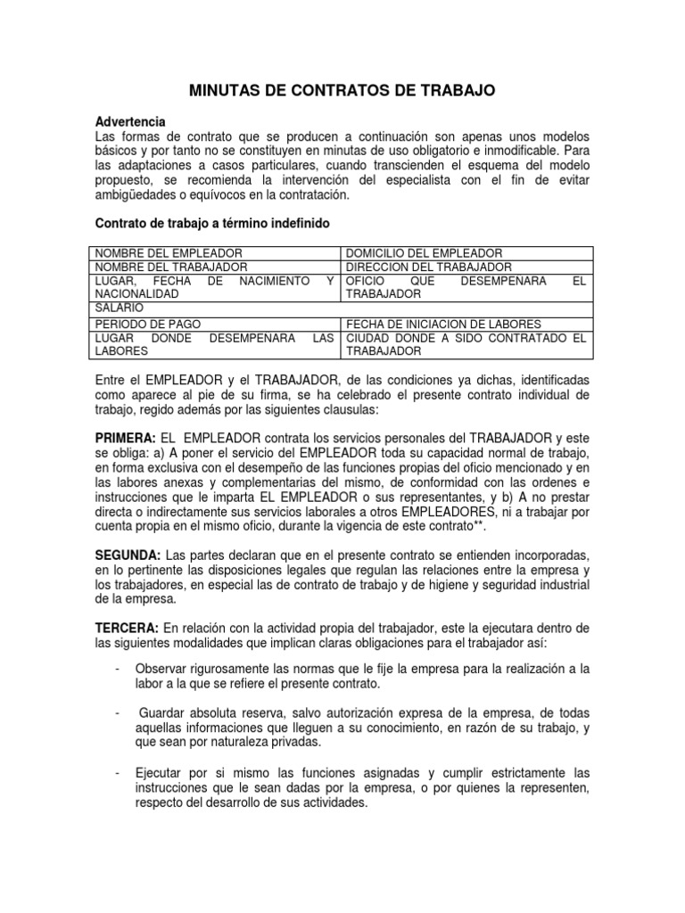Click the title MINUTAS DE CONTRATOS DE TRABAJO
342,90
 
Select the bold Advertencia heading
130,122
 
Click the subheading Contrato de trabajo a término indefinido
213,223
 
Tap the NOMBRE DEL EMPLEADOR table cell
169,254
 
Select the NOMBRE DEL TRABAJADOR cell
171,267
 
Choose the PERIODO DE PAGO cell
147,324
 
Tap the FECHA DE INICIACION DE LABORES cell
443,324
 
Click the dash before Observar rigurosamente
118,670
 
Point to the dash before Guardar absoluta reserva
118,714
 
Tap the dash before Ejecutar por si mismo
118,772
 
